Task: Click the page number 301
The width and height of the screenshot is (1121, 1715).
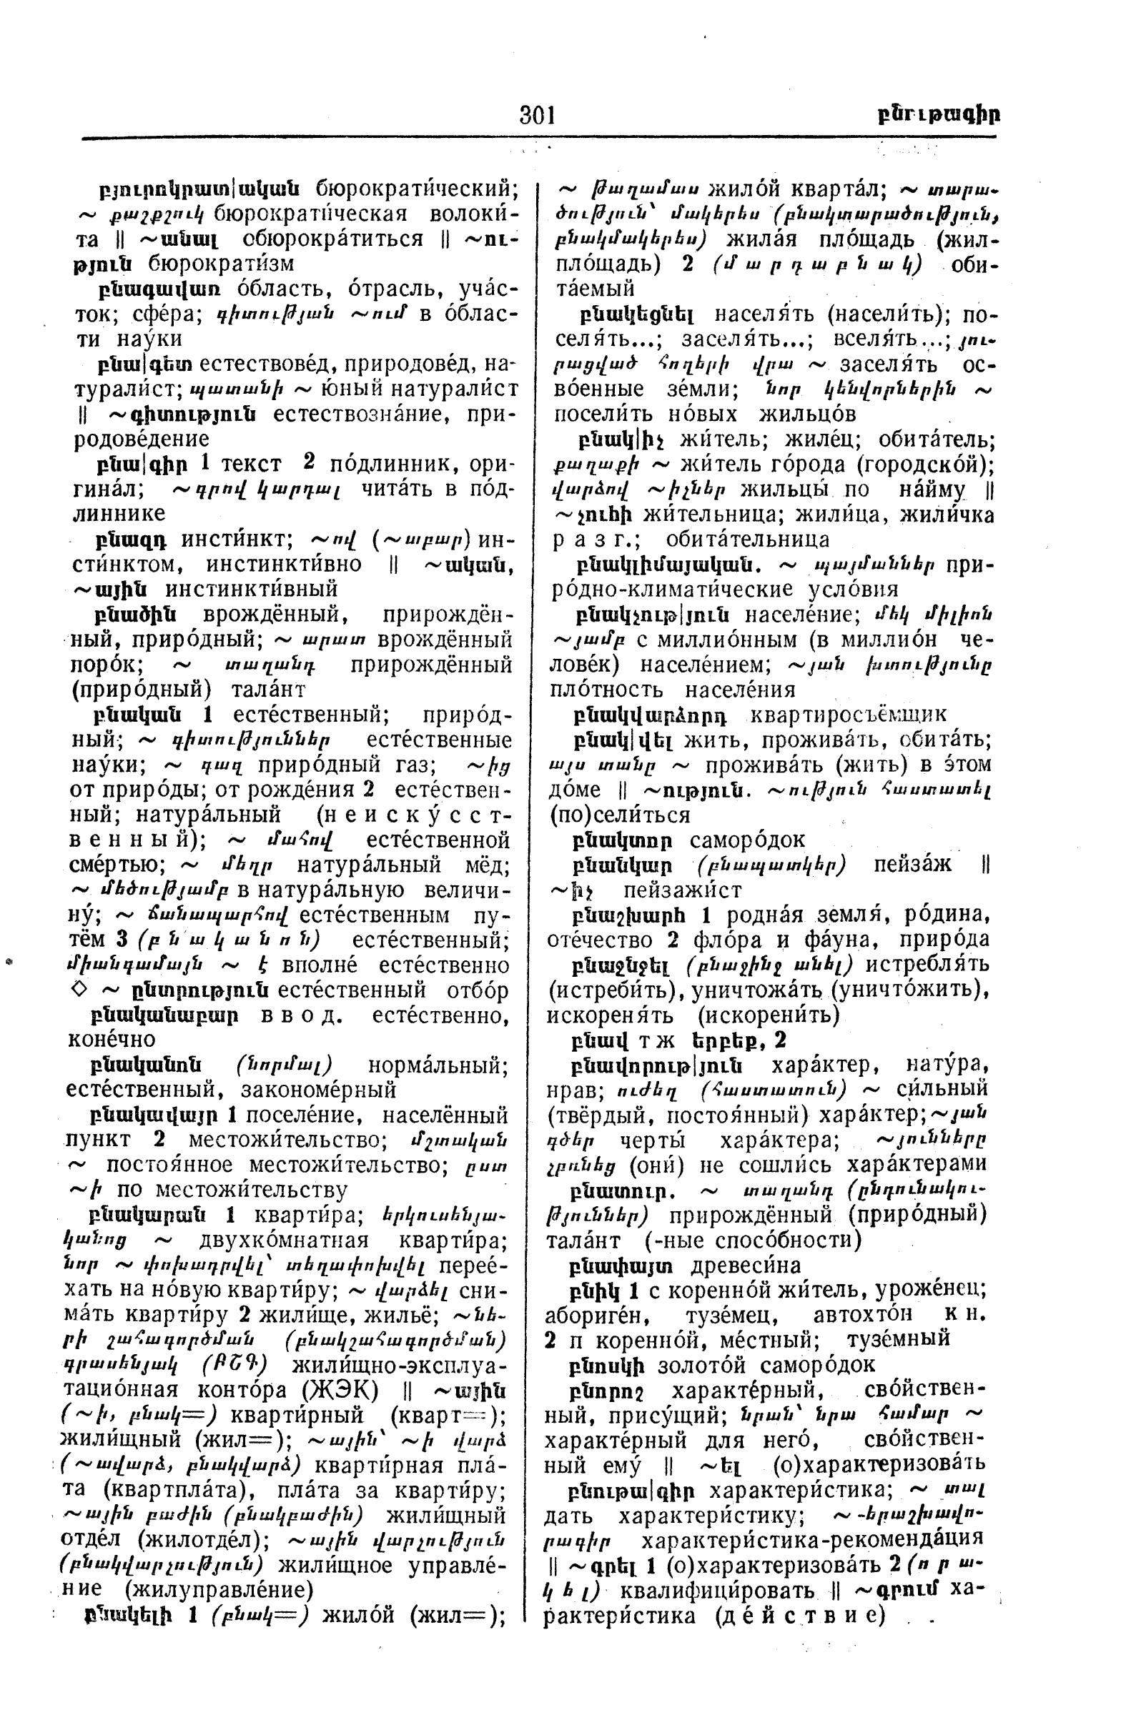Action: [537, 114]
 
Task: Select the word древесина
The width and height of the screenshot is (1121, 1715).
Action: [746, 1266]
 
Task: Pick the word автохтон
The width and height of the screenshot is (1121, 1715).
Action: [862, 1315]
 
